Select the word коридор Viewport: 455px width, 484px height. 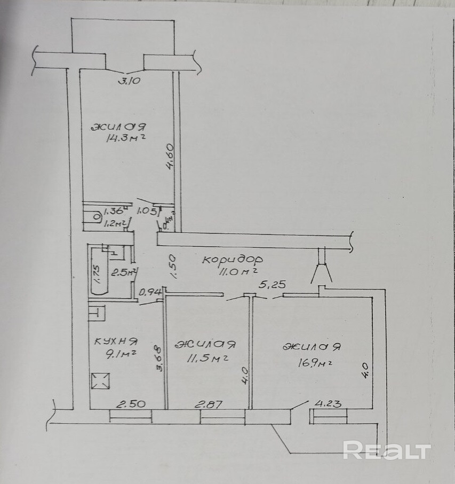point(232,260)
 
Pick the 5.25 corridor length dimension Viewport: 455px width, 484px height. point(272,285)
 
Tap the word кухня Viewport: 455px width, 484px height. point(116,341)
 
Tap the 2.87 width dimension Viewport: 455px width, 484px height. point(209,404)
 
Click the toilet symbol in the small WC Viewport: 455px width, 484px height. point(97,217)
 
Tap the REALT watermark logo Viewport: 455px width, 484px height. point(386,450)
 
